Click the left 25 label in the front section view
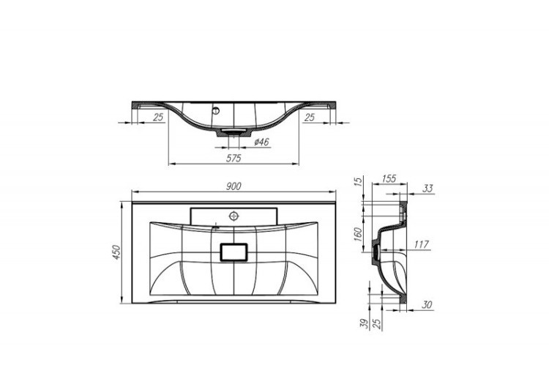[x=158, y=117]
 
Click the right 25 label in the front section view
[x=309, y=117]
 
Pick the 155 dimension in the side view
[x=389, y=179]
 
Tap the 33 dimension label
[x=428, y=188]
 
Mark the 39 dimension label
[x=364, y=323]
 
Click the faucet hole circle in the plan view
[x=234, y=216]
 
